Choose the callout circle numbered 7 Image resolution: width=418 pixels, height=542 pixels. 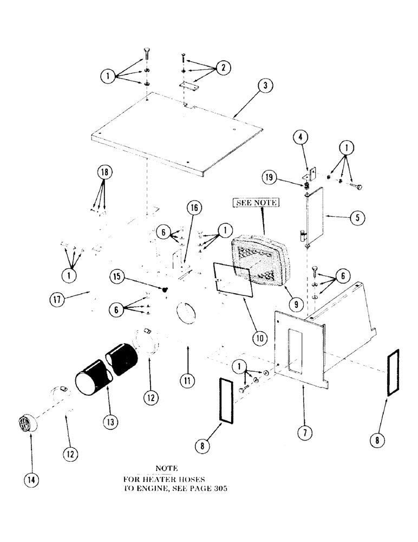coord(303,433)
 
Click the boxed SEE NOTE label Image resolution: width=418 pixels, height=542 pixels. coord(255,203)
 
